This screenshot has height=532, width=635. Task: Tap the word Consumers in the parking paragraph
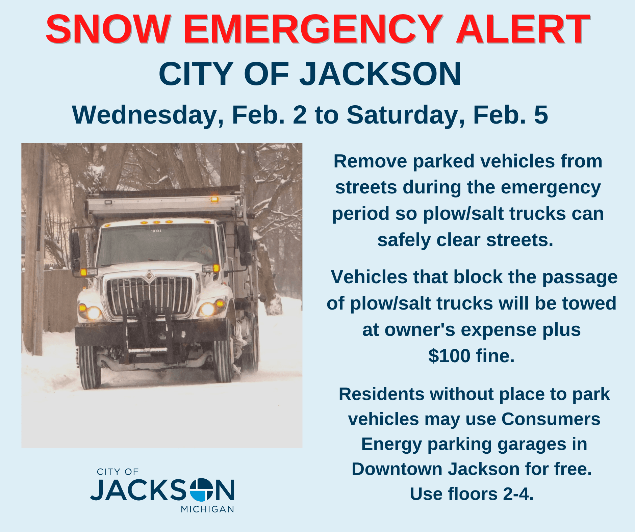click(551, 419)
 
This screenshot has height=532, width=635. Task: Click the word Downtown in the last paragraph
click(397, 469)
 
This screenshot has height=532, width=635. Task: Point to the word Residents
click(382, 394)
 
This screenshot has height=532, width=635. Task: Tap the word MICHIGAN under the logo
click(207, 509)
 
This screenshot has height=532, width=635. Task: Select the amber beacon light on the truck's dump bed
click(214, 199)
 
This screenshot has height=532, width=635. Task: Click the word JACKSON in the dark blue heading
click(380, 74)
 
